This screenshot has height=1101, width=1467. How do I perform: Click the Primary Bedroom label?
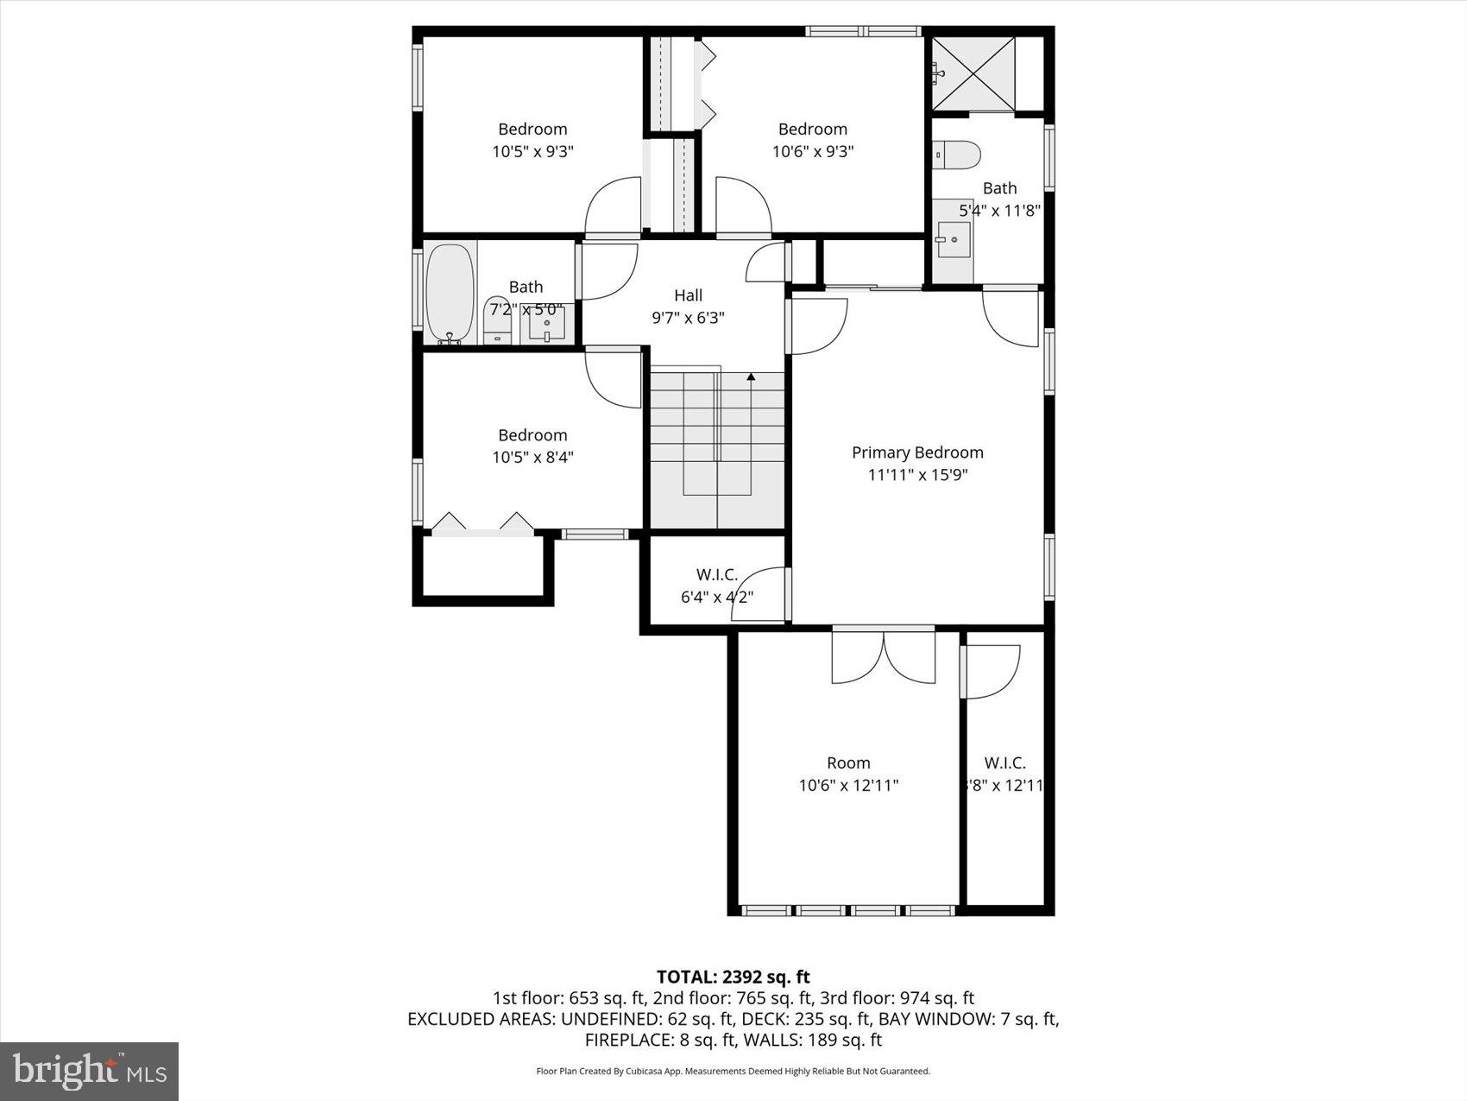917,452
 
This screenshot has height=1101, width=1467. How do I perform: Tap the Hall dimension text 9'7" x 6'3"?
688,318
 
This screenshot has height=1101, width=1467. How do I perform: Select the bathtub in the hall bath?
450,294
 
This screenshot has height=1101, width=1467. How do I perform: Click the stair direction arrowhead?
751,377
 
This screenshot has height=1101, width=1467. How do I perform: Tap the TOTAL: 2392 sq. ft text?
733,977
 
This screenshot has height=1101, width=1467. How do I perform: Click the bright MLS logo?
90,1072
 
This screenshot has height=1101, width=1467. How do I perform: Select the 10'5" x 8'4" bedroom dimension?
532,458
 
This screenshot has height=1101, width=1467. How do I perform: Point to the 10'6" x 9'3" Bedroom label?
812,130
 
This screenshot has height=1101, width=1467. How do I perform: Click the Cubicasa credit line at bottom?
733,1072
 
